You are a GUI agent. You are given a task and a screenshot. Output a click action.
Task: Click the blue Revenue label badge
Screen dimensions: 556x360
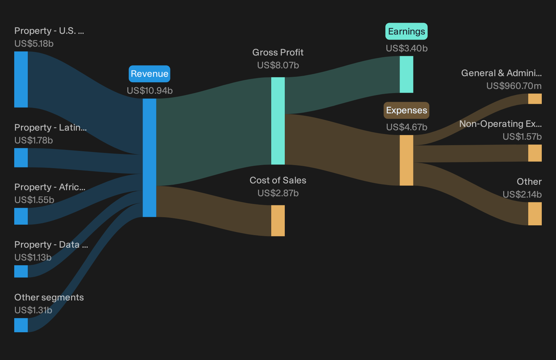[149, 74]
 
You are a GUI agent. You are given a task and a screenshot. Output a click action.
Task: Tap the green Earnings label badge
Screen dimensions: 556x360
[406, 31]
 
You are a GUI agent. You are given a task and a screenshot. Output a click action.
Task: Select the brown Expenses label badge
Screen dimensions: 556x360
[406, 110]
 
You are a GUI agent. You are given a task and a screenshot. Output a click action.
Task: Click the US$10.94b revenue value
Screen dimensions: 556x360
[150, 91]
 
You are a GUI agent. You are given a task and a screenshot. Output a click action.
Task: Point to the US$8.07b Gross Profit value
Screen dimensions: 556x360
[278, 65]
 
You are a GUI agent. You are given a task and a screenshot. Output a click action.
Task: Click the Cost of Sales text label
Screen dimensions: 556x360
[278, 180]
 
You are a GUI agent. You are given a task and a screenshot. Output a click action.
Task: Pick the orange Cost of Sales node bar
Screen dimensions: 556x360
[278, 221]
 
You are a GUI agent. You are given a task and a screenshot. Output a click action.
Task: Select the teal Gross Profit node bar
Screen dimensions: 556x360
[278, 121]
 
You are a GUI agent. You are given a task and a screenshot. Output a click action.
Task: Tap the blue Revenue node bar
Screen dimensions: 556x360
[149, 158]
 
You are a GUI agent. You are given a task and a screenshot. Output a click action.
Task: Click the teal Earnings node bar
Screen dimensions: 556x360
[407, 74]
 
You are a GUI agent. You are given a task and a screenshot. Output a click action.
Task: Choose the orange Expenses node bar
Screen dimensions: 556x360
[407, 160]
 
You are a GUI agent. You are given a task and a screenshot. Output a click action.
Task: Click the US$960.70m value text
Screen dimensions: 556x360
[514, 86]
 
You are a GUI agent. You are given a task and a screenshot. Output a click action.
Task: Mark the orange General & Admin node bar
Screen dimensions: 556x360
[535, 99]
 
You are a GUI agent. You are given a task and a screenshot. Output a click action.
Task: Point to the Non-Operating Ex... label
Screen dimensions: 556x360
[500, 123]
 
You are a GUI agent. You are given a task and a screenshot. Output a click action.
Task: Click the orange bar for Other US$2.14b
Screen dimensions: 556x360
[535, 213]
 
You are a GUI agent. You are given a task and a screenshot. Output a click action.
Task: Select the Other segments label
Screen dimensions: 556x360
[49, 297]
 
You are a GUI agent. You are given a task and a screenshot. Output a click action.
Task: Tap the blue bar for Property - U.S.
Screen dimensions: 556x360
[21, 80]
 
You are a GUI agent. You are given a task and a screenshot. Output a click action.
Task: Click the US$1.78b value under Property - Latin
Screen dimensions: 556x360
[34, 140]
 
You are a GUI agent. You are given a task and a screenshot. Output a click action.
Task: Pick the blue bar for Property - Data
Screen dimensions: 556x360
[21, 271]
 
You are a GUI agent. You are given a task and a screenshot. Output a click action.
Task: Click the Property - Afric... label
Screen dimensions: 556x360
[50, 187]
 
